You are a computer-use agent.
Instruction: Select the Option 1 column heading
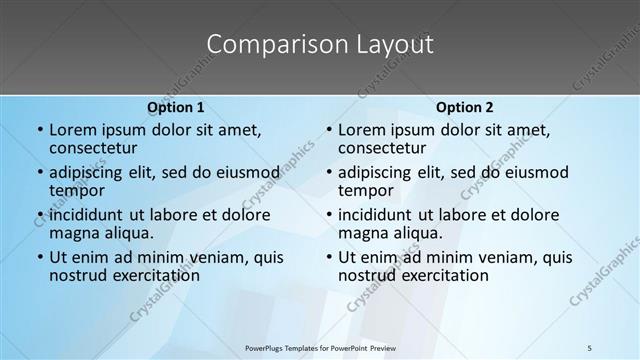click(175, 107)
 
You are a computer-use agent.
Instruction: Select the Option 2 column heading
click(464, 107)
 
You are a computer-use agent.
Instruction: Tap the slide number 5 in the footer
click(589, 348)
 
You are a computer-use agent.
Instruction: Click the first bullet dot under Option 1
click(39, 131)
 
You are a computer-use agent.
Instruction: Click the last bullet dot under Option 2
click(328, 257)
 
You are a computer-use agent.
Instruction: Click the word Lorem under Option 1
click(72, 130)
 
